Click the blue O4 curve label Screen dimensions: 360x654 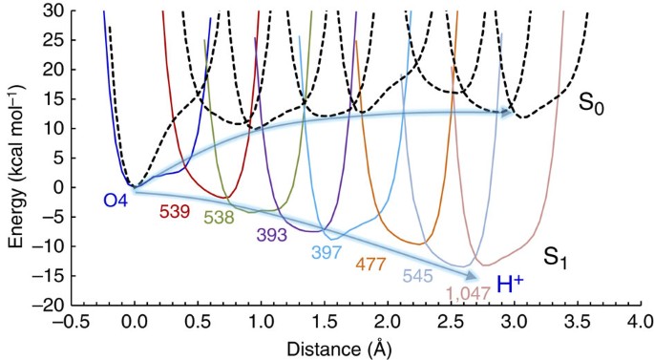click(116, 201)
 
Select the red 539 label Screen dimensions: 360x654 click(173, 213)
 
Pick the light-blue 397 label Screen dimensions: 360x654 click(327, 252)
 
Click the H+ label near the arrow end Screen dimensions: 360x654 click(511, 283)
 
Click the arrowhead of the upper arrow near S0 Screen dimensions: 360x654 click(510, 113)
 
